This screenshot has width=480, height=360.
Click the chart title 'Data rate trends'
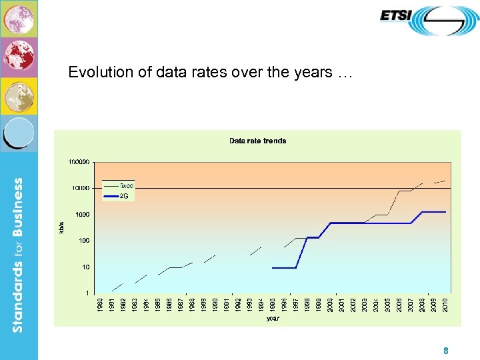pos(257,141)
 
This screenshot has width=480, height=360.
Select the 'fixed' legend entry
pos(127,185)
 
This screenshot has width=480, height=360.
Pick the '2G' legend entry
pos(124,195)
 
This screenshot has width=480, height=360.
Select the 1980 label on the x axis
pos(100,305)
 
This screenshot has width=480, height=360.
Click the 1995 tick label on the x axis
pos(273,305)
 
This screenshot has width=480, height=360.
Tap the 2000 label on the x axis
pos(331,305)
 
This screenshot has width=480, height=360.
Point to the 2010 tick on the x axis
pos(445,305)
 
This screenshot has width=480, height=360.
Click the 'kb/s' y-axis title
pos(62,227)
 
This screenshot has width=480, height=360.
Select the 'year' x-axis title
pos(273,319)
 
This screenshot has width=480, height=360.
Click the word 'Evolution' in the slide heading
pos(94,72)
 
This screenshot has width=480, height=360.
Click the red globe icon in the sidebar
pos(19,57)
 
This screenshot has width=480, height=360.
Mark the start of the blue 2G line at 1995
pos(273,267)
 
